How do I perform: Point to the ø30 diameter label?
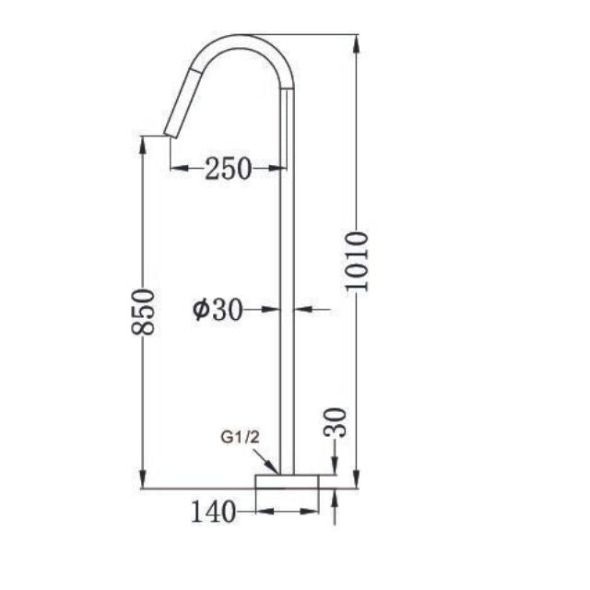point(218,311)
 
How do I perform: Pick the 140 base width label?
point(213,510)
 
